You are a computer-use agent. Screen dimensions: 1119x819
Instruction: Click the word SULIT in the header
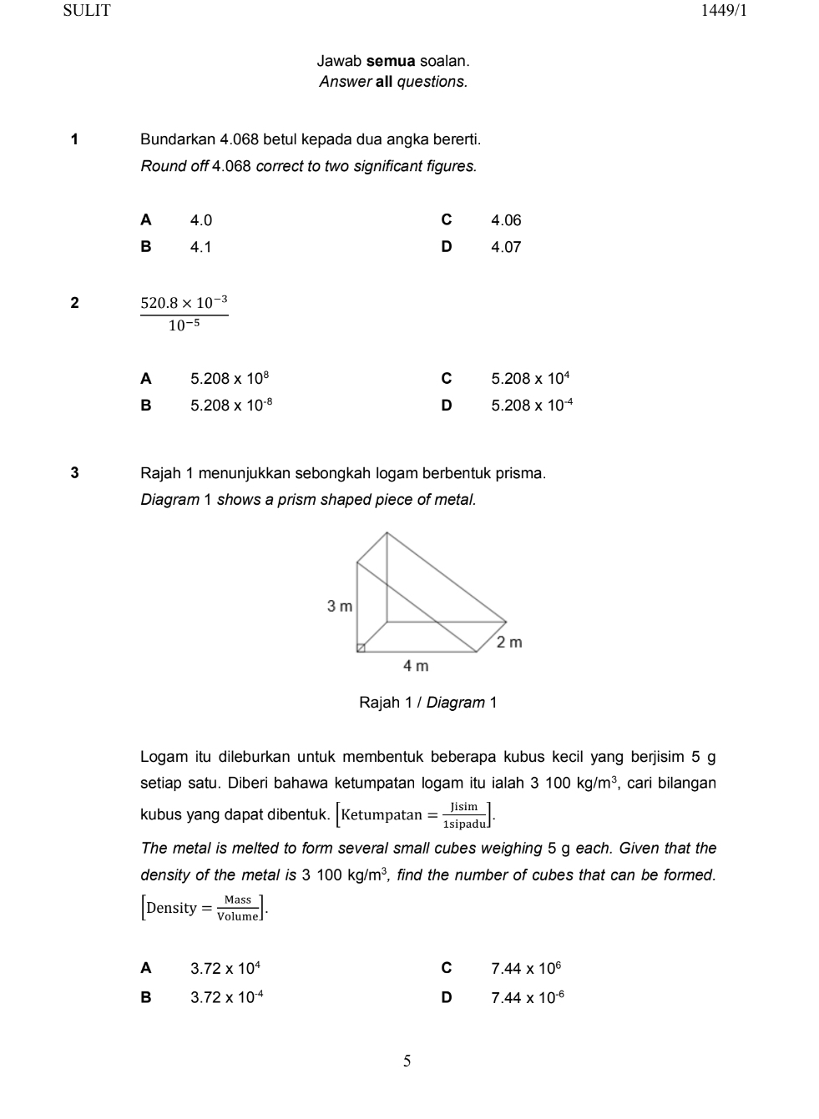[x=87, y=11]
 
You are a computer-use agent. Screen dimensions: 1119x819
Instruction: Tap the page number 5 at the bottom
[x=407, y=1061]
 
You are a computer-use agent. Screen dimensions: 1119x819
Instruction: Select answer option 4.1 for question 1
[x=200, y=247]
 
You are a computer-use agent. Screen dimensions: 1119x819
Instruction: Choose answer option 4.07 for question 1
[x=506, y=247]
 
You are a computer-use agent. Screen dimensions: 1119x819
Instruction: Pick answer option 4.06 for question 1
[x=506, y=220]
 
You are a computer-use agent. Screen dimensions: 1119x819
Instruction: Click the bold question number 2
[x=75, y=303]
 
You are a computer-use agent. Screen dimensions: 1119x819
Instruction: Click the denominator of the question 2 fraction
[x=185, y=326]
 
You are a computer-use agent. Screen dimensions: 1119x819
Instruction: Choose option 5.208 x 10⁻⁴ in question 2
[x=532, y=406]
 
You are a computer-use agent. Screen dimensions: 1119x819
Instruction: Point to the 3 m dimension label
[x=340, y=606]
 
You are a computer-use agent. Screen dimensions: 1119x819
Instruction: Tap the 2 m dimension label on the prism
[x=509, y=642]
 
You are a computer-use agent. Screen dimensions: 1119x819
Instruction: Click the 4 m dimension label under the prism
[x=416, y=665]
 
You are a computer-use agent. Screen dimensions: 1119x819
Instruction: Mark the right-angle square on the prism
[x=361, y=648]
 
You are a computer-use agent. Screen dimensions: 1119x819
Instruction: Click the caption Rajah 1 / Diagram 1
[x=427, y=703]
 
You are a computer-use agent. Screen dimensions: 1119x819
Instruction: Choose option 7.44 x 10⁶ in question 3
[x=526, y=969]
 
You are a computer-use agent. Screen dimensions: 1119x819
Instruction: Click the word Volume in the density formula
[x=238, y=916]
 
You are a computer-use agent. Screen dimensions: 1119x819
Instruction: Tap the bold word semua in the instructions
[x=392, y=61]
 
